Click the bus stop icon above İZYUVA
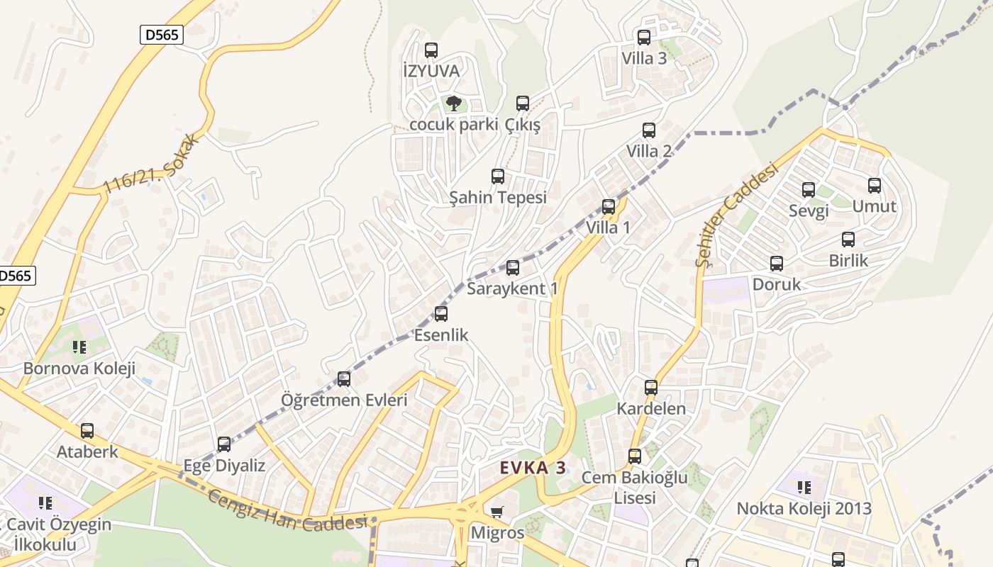coord(431,50)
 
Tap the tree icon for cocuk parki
coord(454,104)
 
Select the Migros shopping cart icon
coord(497,512)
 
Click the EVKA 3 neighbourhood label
coord(533,468)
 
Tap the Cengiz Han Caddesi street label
coord(287,510)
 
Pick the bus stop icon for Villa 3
coord(644,38)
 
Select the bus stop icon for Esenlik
coord(441,314)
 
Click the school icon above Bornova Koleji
coord(79,347)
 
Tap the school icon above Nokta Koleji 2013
coord(804,487)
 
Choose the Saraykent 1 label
coord(512,288)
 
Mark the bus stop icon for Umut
coord(875,186)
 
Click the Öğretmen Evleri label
coord(344,400)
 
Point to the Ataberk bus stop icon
coord(87,431)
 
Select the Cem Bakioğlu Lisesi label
coord(634,488)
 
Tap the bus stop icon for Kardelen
coord(651,388)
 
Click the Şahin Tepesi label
coord(498,197)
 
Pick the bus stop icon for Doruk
coord(777,264)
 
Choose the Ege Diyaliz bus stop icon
coord(224,444)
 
